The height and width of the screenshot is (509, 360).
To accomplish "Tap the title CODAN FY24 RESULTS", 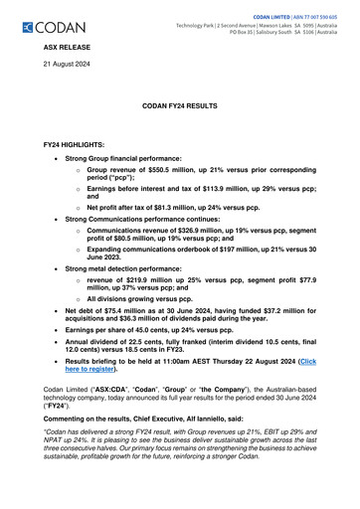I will tap(179, 104).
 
